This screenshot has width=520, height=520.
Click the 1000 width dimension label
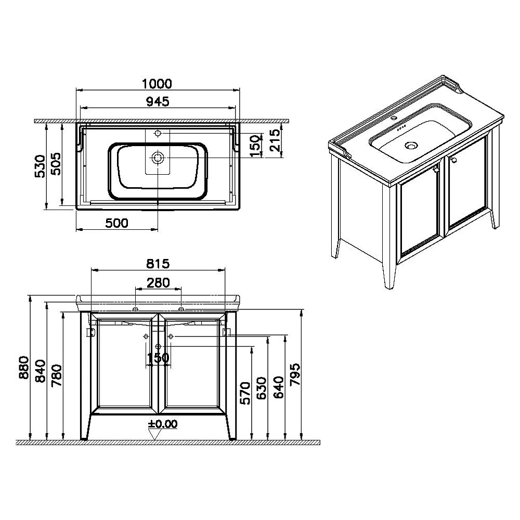tap(157, 84)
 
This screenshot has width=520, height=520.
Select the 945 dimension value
tap(158, 101)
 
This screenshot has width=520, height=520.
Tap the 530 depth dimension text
tap(40, 166)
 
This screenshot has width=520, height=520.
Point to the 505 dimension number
tap(55, 164)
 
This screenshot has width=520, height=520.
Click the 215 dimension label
tap(275, 140)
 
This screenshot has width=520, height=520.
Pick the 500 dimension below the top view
tap(116, 223)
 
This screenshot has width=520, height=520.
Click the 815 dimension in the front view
tap(158, 264)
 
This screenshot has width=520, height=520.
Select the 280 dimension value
tap(158, 282)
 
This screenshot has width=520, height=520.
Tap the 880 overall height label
tap(24, 368)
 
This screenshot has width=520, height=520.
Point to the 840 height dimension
tap(41, 371)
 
